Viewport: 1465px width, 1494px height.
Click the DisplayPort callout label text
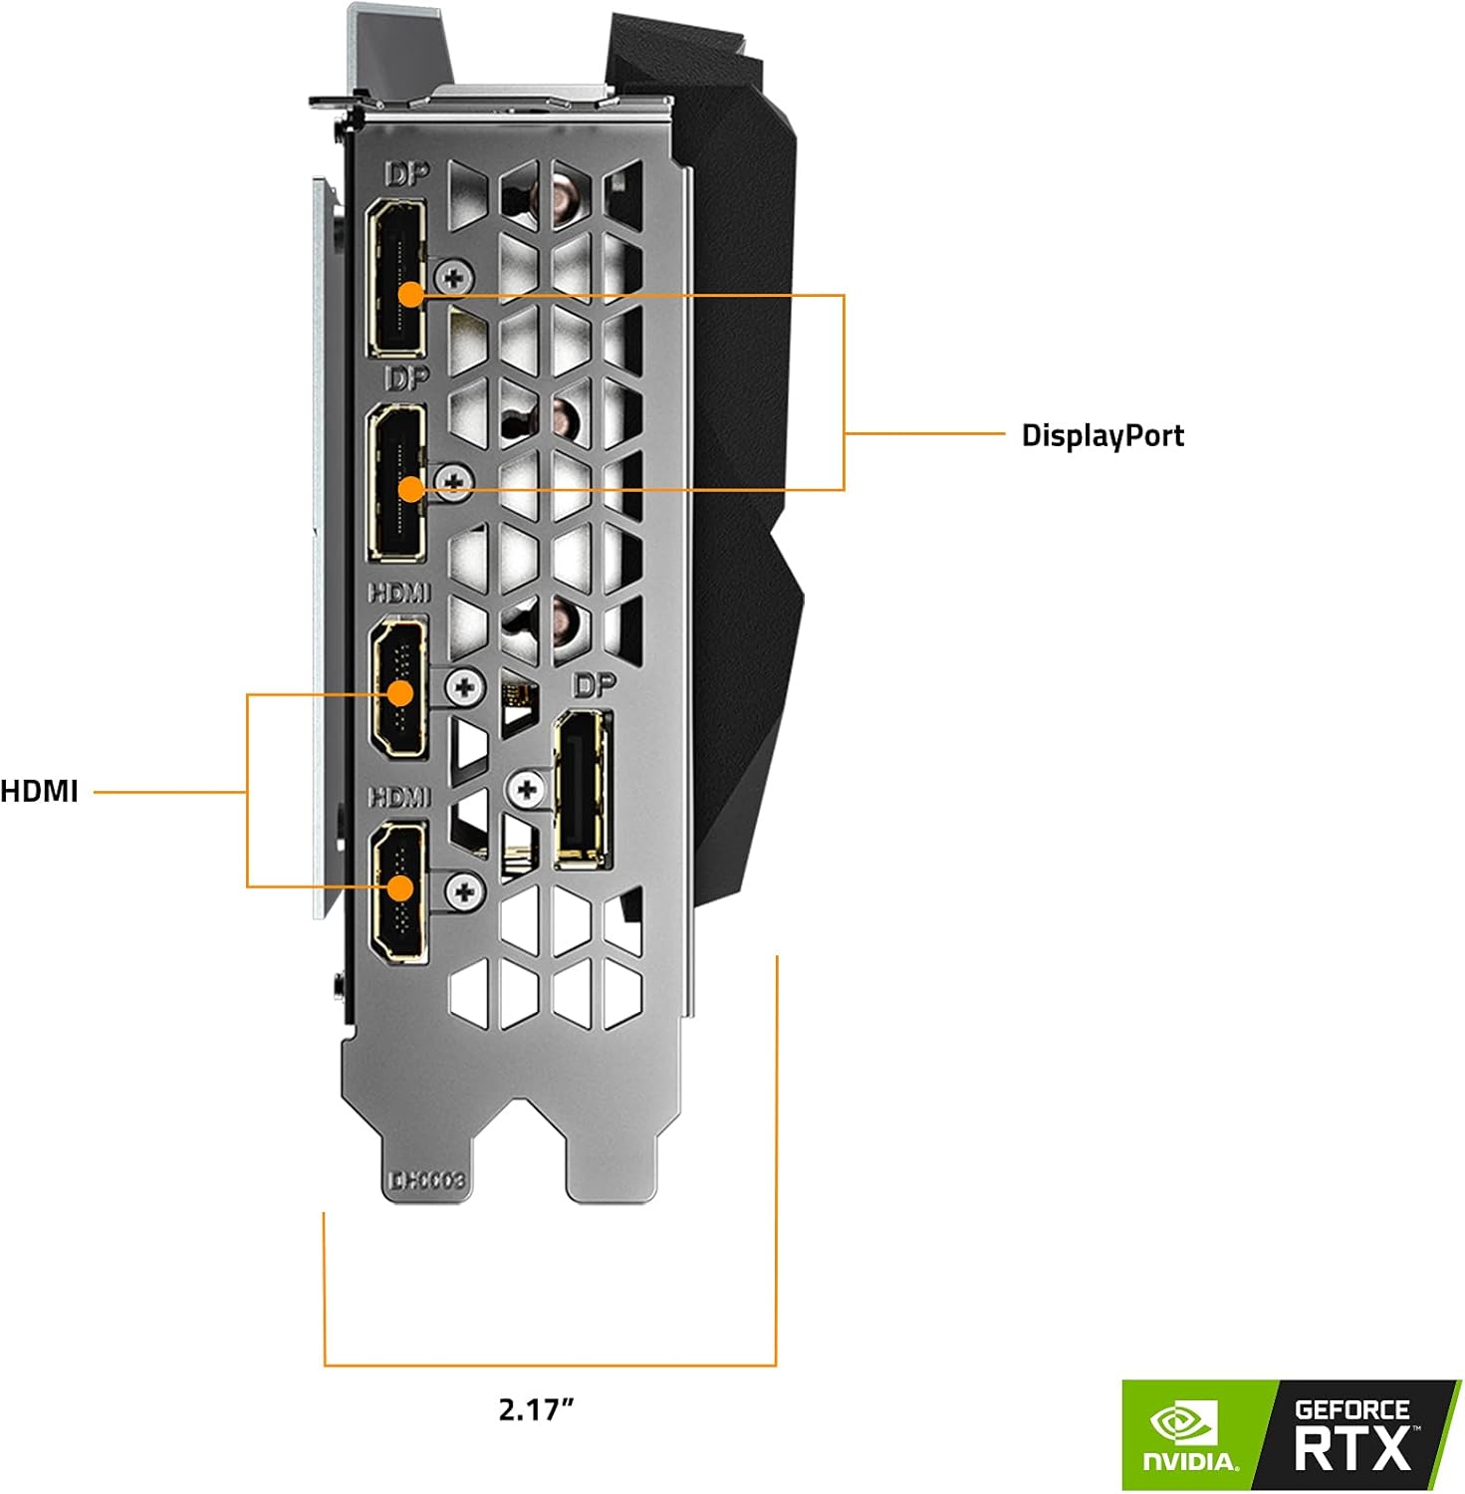pyautogui.click(x=1102, y=435)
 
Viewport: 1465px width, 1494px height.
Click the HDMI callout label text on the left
pyautogui.click(x=39, y=792)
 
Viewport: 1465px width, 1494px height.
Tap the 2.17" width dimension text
pyautogui.click(x=536, y=1409)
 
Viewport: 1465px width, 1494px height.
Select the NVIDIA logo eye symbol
pyautogui.click(x=1185, y=1425)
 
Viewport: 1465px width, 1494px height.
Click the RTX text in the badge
pyautogui.click(x=1351, y=1447)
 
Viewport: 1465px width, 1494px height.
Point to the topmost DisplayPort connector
pyautogui.click(x=396, y=277)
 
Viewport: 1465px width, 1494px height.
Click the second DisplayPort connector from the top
pyautogui.click(x=396, y=483)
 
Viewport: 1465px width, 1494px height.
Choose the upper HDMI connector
pyautogui.click(x=399, y=688)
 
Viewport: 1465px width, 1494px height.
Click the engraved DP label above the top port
pyautogui.click(x=406, y=174)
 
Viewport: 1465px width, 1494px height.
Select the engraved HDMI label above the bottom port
pyautogui.click(x=399, y=797)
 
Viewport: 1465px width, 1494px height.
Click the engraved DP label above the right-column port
pyautogui.click(x=595, y=684)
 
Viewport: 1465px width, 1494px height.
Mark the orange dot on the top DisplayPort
pyautogui.click(x=410, y=294)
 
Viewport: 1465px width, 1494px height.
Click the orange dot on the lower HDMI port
pyautogui.click(x=400, y=886)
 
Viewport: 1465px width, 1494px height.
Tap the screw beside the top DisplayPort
pyautogui.click(x=454, y=276)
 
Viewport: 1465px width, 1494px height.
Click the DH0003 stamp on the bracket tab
pyautogui.click(x=426, y=1180)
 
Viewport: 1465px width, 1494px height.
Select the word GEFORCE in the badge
pyautogui.click(x=1351, y=1409)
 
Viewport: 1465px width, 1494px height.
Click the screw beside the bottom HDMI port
pyautogui.click(x=464, y=891)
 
